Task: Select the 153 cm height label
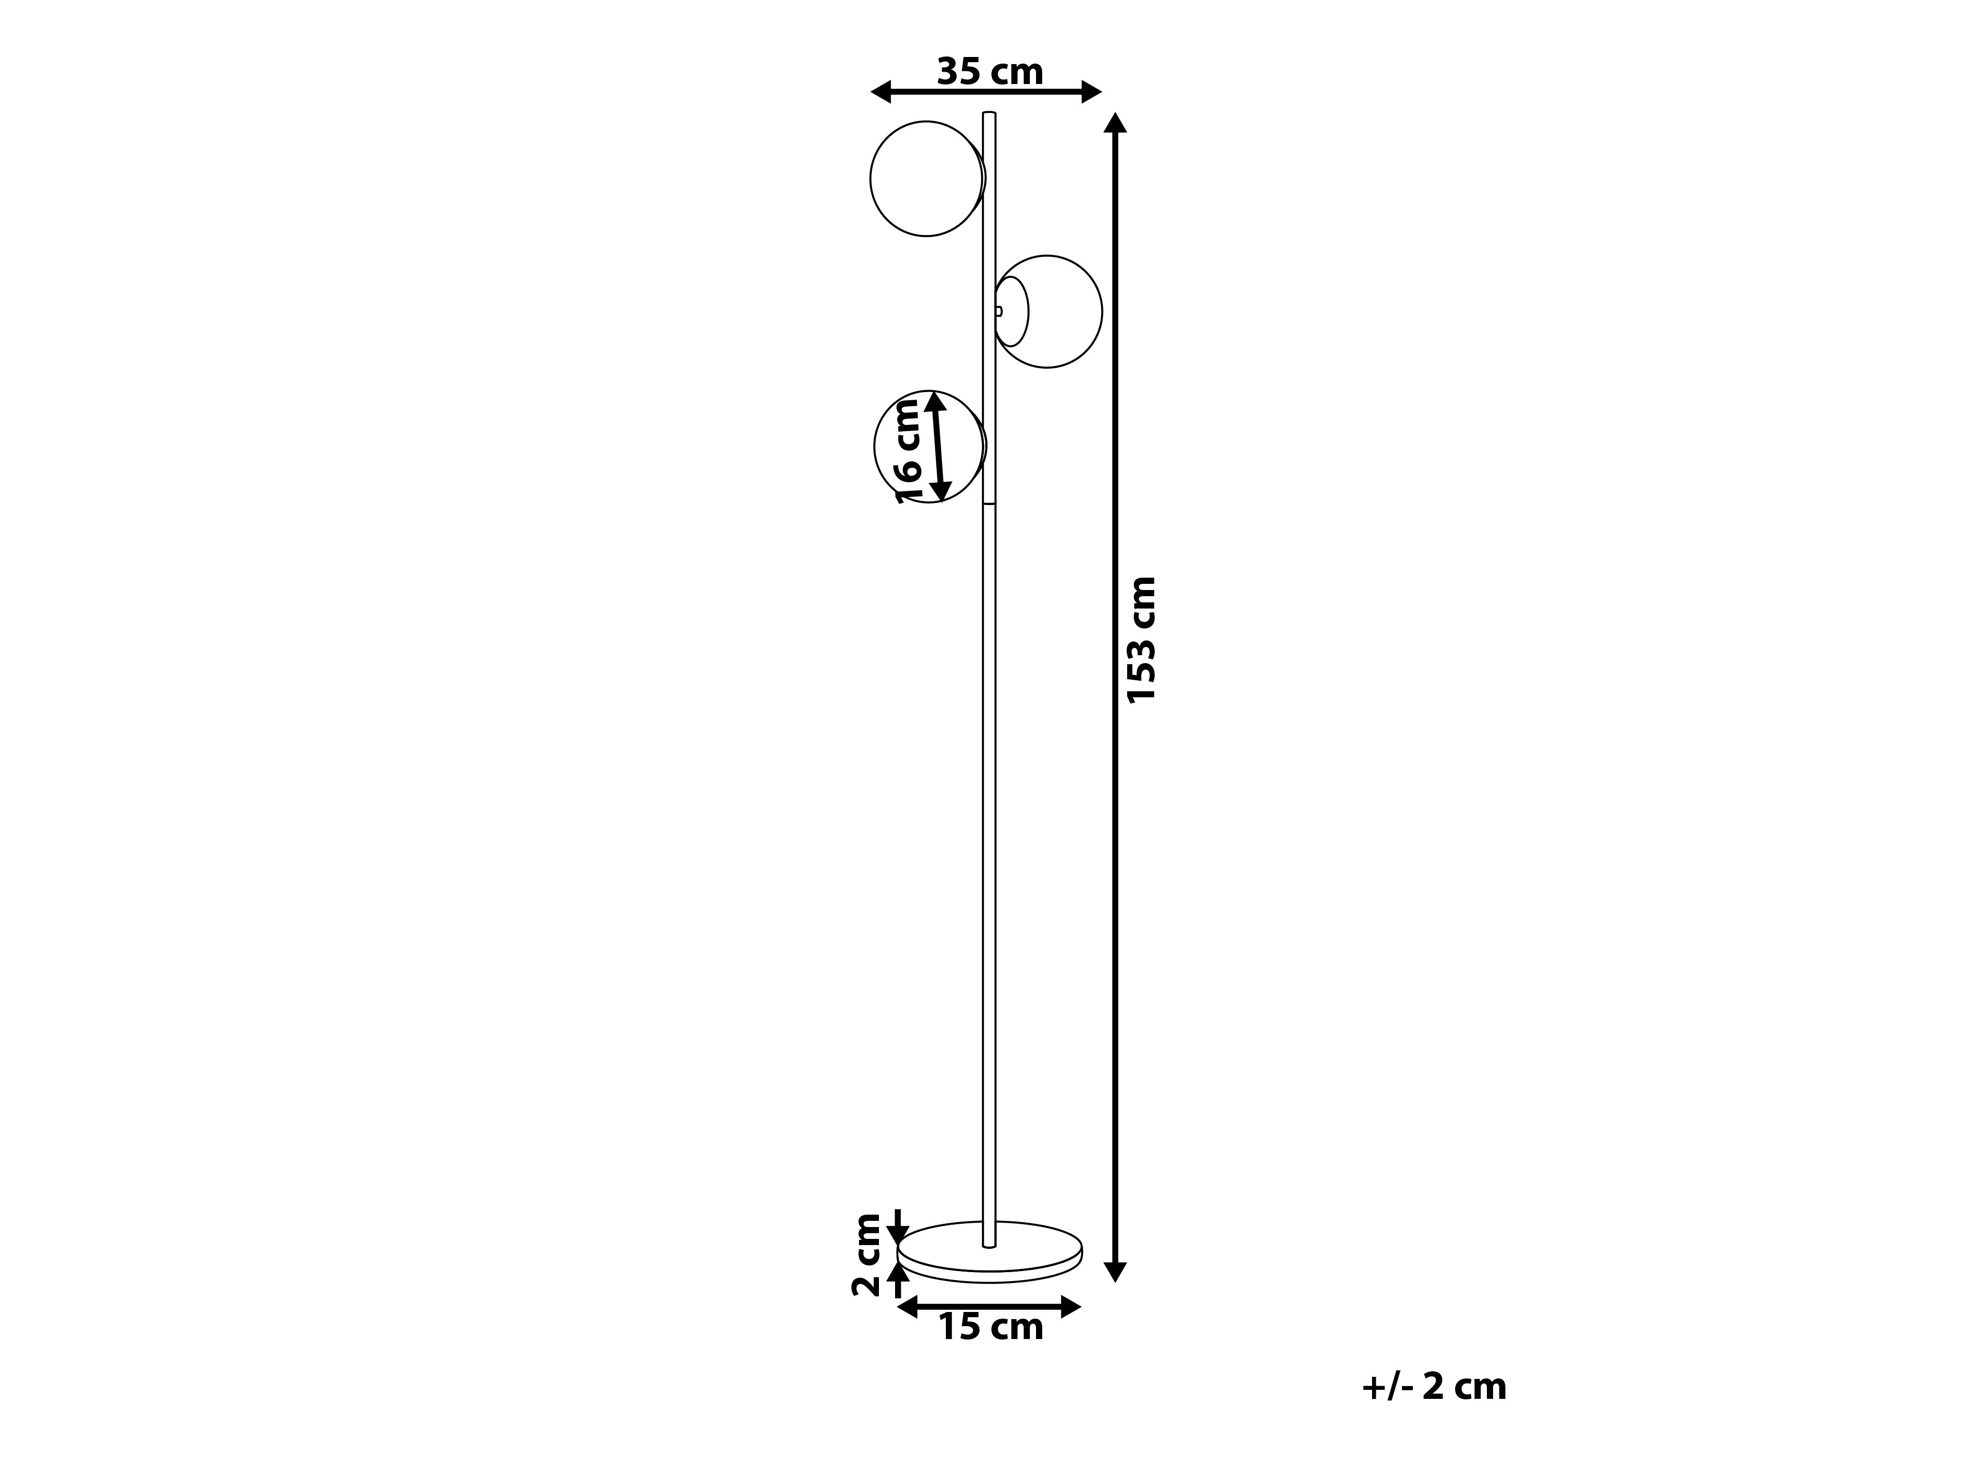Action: [1142, 639]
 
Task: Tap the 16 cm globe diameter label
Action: [908, 451]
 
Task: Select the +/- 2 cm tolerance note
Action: [1434, 1387]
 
